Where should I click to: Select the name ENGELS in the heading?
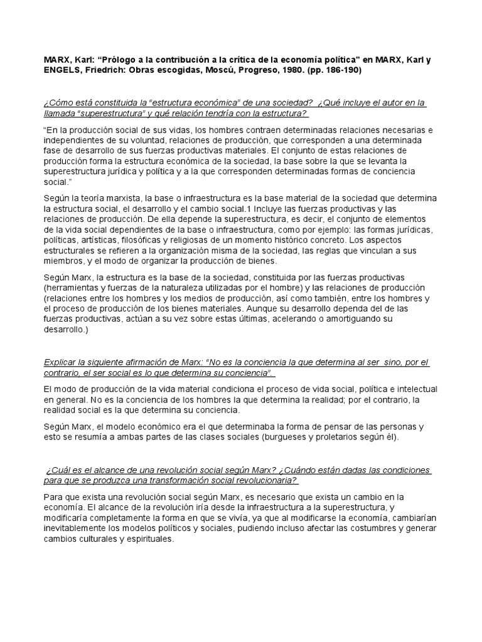click(62, 71)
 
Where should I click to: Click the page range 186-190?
click(340, 71)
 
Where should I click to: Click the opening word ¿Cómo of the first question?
click(58, 102)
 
